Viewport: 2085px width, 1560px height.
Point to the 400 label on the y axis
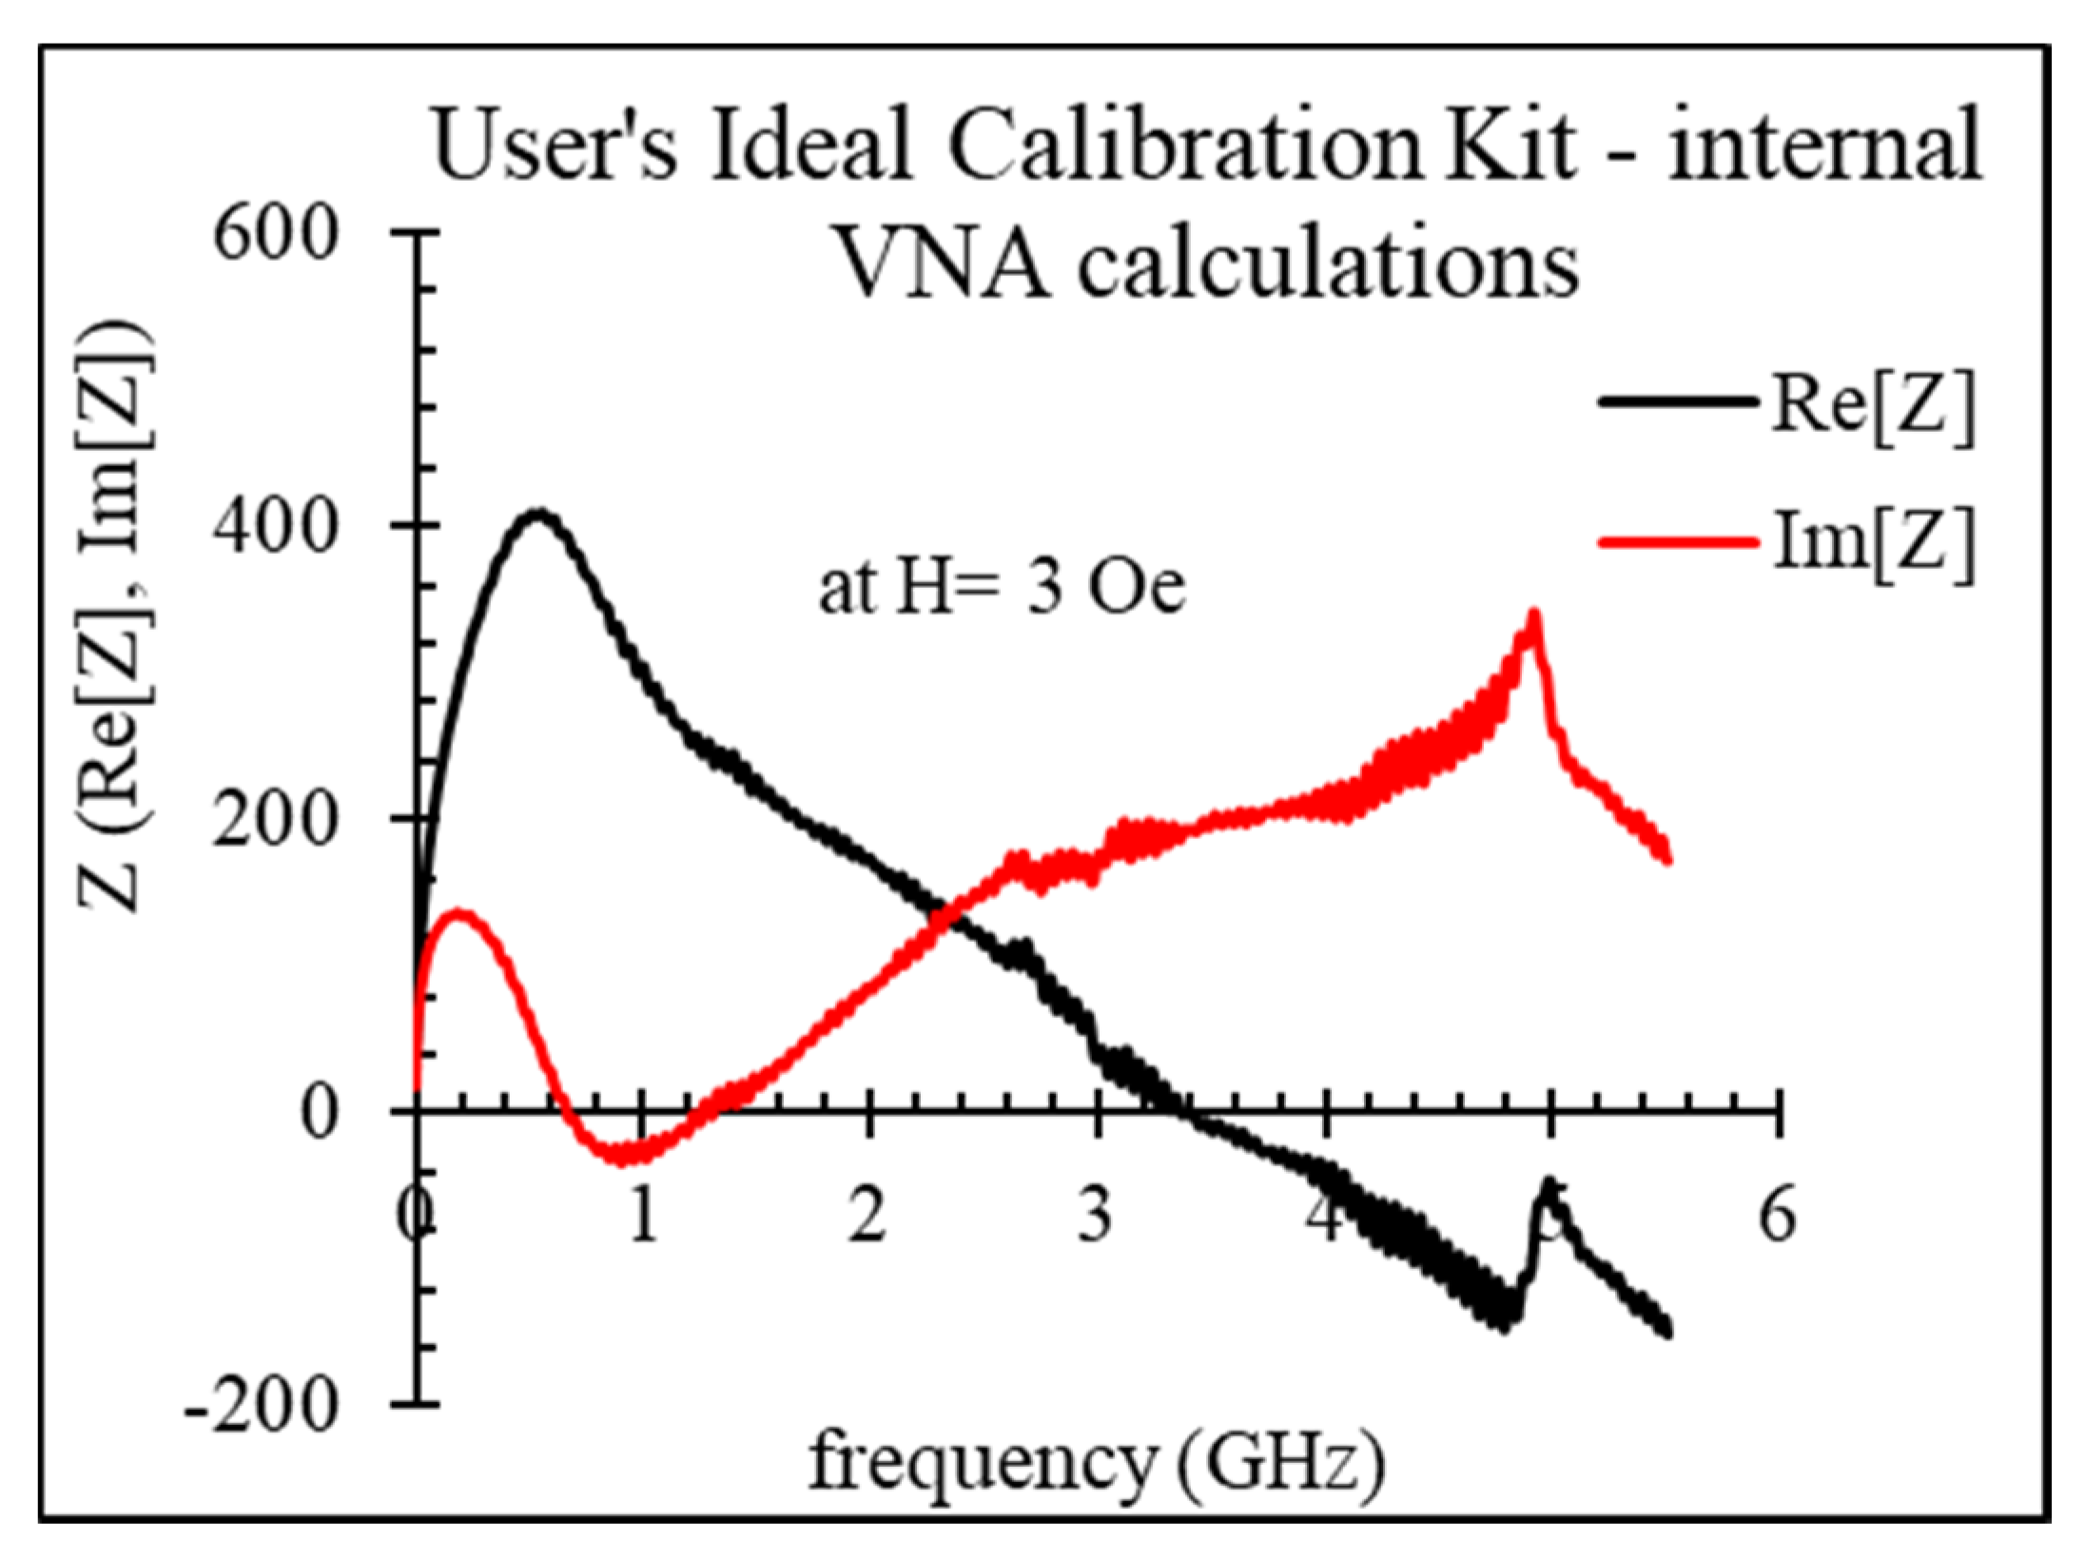276,526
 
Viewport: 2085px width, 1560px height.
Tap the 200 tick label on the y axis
276,819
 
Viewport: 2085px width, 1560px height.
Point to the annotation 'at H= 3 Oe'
1003,589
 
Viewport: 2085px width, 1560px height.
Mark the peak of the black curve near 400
538,515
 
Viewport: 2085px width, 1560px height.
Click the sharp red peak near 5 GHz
1532,616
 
